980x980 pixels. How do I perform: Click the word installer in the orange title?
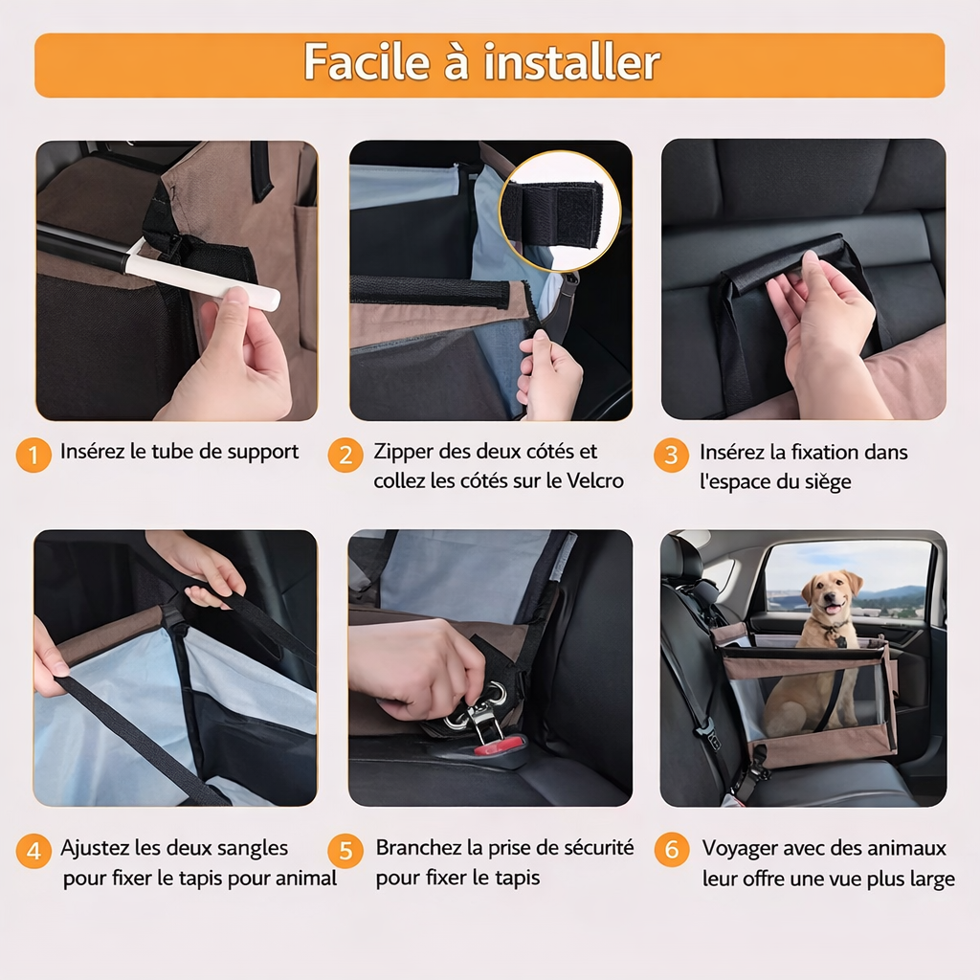coord(572,62)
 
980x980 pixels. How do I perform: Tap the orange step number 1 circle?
coord(33,455)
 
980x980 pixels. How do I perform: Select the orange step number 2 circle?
coord(345,455)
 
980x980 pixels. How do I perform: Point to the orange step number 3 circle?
coord(671,455)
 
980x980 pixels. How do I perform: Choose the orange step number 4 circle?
coord(33,851)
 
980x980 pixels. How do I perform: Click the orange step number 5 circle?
coord(345,851)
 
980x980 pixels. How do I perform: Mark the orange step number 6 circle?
coord(672,850)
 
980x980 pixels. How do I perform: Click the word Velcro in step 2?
coord(594,480)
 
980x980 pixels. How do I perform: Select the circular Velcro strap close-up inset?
coord(560,211)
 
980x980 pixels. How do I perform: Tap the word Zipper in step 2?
coord(403,453)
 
